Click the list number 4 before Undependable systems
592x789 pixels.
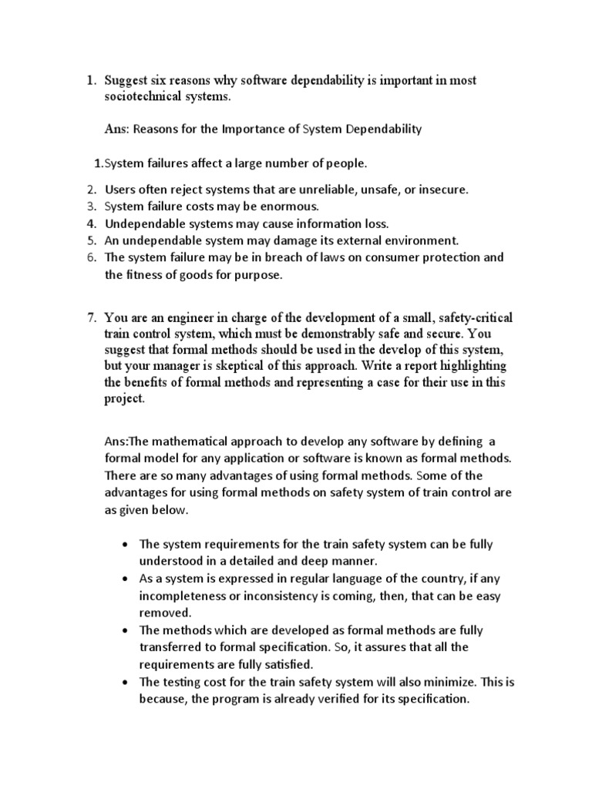[x=90, y=223]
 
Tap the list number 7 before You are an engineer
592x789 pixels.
[x=90, y=318]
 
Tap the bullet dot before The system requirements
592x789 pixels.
[x=126, y=544]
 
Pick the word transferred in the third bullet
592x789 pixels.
[x=170, y=646]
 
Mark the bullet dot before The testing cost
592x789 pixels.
[x=126, y=681]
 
